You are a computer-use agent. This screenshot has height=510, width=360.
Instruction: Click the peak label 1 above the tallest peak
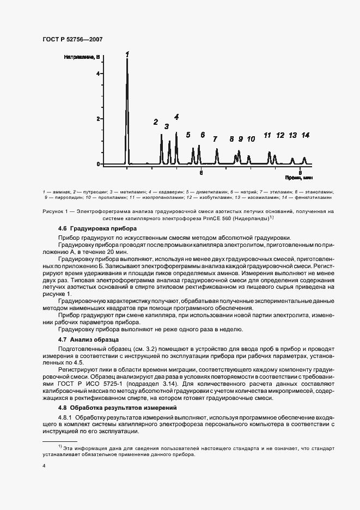click(127, 54)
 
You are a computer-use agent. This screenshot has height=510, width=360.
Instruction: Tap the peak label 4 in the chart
click(176, 117)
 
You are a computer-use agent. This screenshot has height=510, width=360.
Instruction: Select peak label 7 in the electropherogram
click(215, 139)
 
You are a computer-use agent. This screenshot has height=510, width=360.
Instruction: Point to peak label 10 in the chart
click(251, 139)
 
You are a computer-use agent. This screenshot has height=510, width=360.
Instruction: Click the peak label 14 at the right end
click(306, 135)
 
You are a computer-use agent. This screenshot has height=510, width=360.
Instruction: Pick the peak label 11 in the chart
click(267, 135)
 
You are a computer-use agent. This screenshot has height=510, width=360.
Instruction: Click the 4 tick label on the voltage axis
click(98, 73)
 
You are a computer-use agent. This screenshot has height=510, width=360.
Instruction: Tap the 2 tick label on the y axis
click(98, 119)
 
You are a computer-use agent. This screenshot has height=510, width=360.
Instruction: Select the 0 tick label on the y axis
click(98, 164)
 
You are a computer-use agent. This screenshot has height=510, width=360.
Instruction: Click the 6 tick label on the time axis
click(201, 173)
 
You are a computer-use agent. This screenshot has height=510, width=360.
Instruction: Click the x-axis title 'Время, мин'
click(299, 178)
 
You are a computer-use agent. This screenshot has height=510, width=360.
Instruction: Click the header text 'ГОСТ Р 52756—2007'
click(72, 39)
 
